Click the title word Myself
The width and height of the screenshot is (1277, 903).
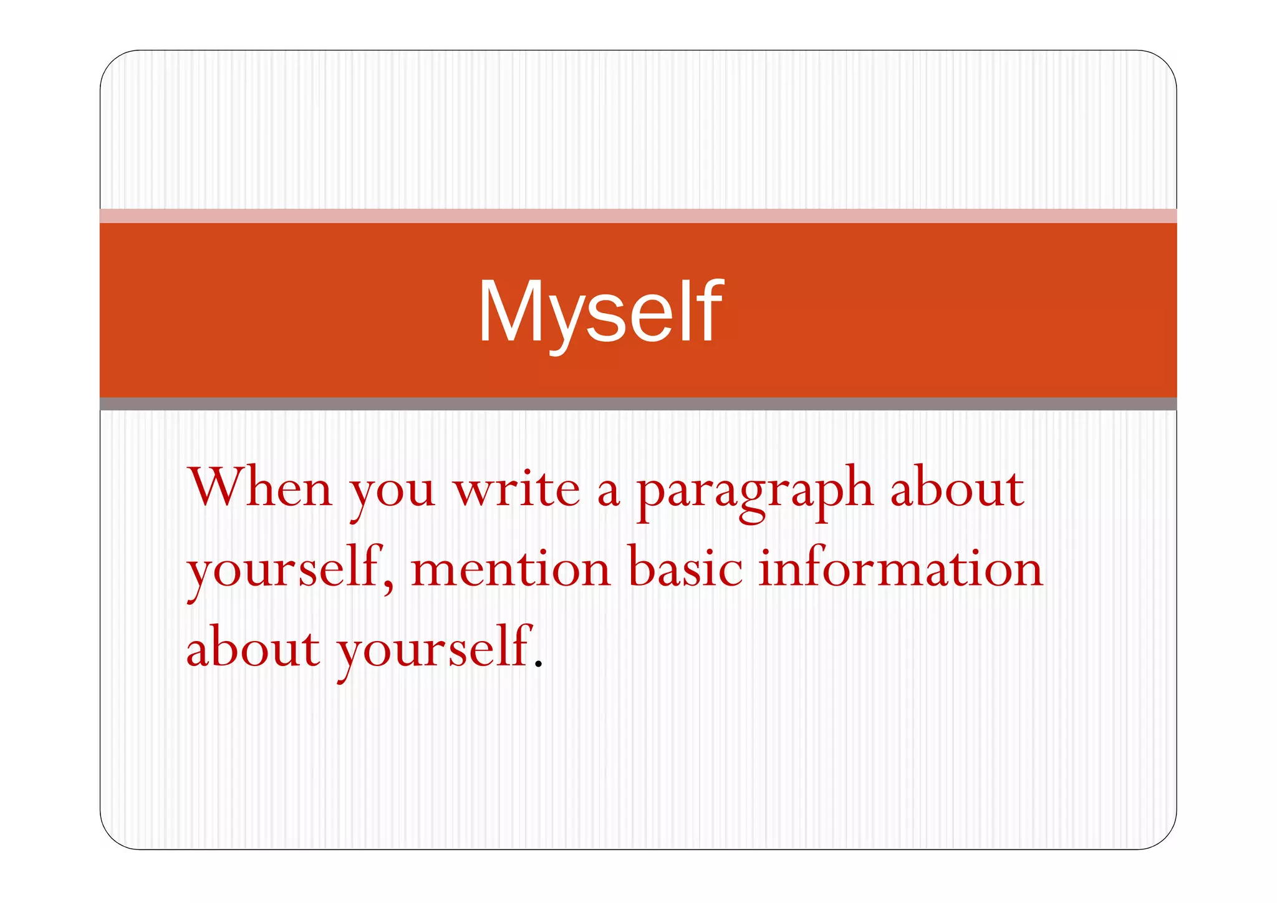(600, 312)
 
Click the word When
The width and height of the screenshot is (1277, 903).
(260, 488)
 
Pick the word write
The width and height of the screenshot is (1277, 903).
(517, 488)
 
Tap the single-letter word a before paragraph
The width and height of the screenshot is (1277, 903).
(608, 493)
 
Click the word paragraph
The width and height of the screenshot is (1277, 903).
(754, 493)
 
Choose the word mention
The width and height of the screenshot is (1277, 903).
(511, 569)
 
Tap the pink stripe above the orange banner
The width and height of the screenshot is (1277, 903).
(638, 216)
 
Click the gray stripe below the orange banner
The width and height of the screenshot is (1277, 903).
(638, 403)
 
